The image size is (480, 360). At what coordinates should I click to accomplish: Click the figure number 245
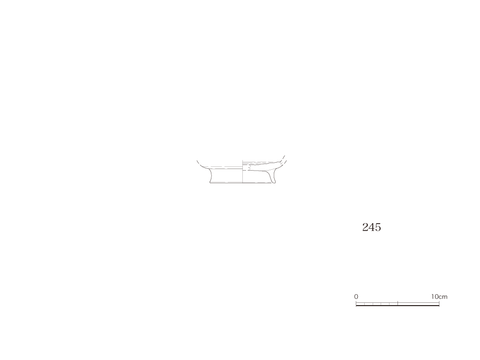[x=372, y=227]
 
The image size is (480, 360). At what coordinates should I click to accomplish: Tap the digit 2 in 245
[x=366, y=227]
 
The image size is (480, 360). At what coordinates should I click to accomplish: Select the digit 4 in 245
[x=372, y=227]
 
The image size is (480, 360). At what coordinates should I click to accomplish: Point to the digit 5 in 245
[x=378, y=227]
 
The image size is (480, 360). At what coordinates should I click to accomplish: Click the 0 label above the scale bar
[x=356, y=297]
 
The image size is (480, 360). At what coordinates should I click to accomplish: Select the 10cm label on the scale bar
[x=439, y=297]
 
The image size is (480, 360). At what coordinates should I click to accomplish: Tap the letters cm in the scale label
[x=443, y=297]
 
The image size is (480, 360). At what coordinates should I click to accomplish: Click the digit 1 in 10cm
[x=433, y=297]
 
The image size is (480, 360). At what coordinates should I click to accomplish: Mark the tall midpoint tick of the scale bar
[x=397, y=303]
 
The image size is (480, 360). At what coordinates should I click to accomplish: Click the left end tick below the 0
[x=356, y=303]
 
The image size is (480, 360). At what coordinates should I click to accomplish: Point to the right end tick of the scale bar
[x=439, y=303]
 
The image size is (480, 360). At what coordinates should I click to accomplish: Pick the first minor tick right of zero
[x=364, y=304]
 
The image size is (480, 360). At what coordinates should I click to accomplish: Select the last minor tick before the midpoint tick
[x=390, y=304]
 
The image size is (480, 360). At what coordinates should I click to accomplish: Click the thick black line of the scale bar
[x=397, y=306]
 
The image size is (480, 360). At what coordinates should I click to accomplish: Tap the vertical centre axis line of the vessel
[x=242, y=172]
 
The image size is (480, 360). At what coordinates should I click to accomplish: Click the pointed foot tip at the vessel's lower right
[x=274, y=182]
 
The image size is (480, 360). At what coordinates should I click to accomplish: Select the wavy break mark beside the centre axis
[x=250, y=168]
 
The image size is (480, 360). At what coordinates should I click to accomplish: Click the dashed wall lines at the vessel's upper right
[x=283, y=159]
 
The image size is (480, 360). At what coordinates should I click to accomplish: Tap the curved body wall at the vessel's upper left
[x=201, y=165]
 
